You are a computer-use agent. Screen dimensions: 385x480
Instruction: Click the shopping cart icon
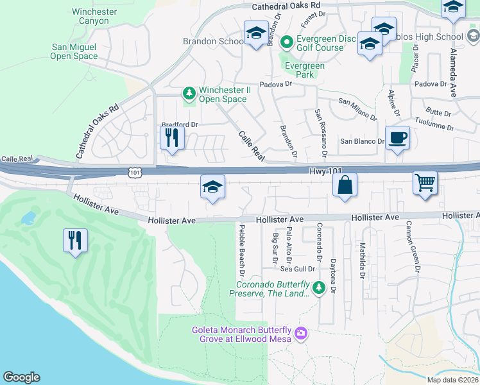pyautogui.click(x=425, y=183)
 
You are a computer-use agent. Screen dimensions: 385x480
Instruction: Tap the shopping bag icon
pyautogui.click(x=345, y=185)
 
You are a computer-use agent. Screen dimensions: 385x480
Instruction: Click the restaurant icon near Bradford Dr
pyautogui.click(x=172, y=137)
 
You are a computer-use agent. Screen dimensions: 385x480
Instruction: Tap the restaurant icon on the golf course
pyautogui.click(x=75, y=240)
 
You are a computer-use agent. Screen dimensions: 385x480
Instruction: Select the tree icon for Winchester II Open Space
pyautogui.click(x=189, y=94)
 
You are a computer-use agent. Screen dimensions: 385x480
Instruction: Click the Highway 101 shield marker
pyautogui.click(x=134, y=173)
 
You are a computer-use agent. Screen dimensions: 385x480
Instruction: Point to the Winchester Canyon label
pyautogui.click(x=94, y=16)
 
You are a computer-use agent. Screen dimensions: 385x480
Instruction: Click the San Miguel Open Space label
pyautogui.click(x=74, y=51)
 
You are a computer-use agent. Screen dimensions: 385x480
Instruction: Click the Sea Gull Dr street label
pyautogui.click(x=298, y=269)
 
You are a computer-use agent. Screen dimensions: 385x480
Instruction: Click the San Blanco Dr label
pyautogui.click(x=361, y=141)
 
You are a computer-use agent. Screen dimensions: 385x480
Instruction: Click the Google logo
pyautogui.click(x=21, y=377)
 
